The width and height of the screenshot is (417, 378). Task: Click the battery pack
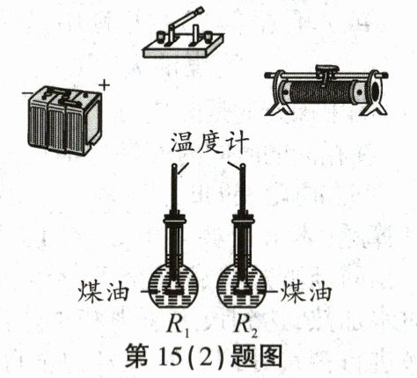[x=65, y=120]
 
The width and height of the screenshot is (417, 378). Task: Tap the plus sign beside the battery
[x=104, y=85]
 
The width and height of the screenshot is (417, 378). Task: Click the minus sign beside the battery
[x=26, y=93]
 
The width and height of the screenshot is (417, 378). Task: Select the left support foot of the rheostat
[x=279, y=107]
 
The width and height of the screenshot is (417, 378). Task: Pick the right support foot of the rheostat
[x=375, y=107]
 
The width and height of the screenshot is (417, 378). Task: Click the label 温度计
[x=209, y=143]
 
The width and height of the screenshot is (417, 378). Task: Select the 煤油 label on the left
[x=103, y=292]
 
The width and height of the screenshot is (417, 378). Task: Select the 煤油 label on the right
[x=306, y=292]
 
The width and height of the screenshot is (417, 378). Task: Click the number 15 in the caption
[x=169, y=355]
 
